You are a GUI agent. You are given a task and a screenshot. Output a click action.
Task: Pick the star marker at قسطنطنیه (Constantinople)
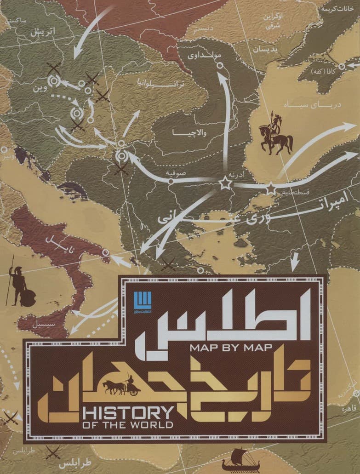271,188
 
